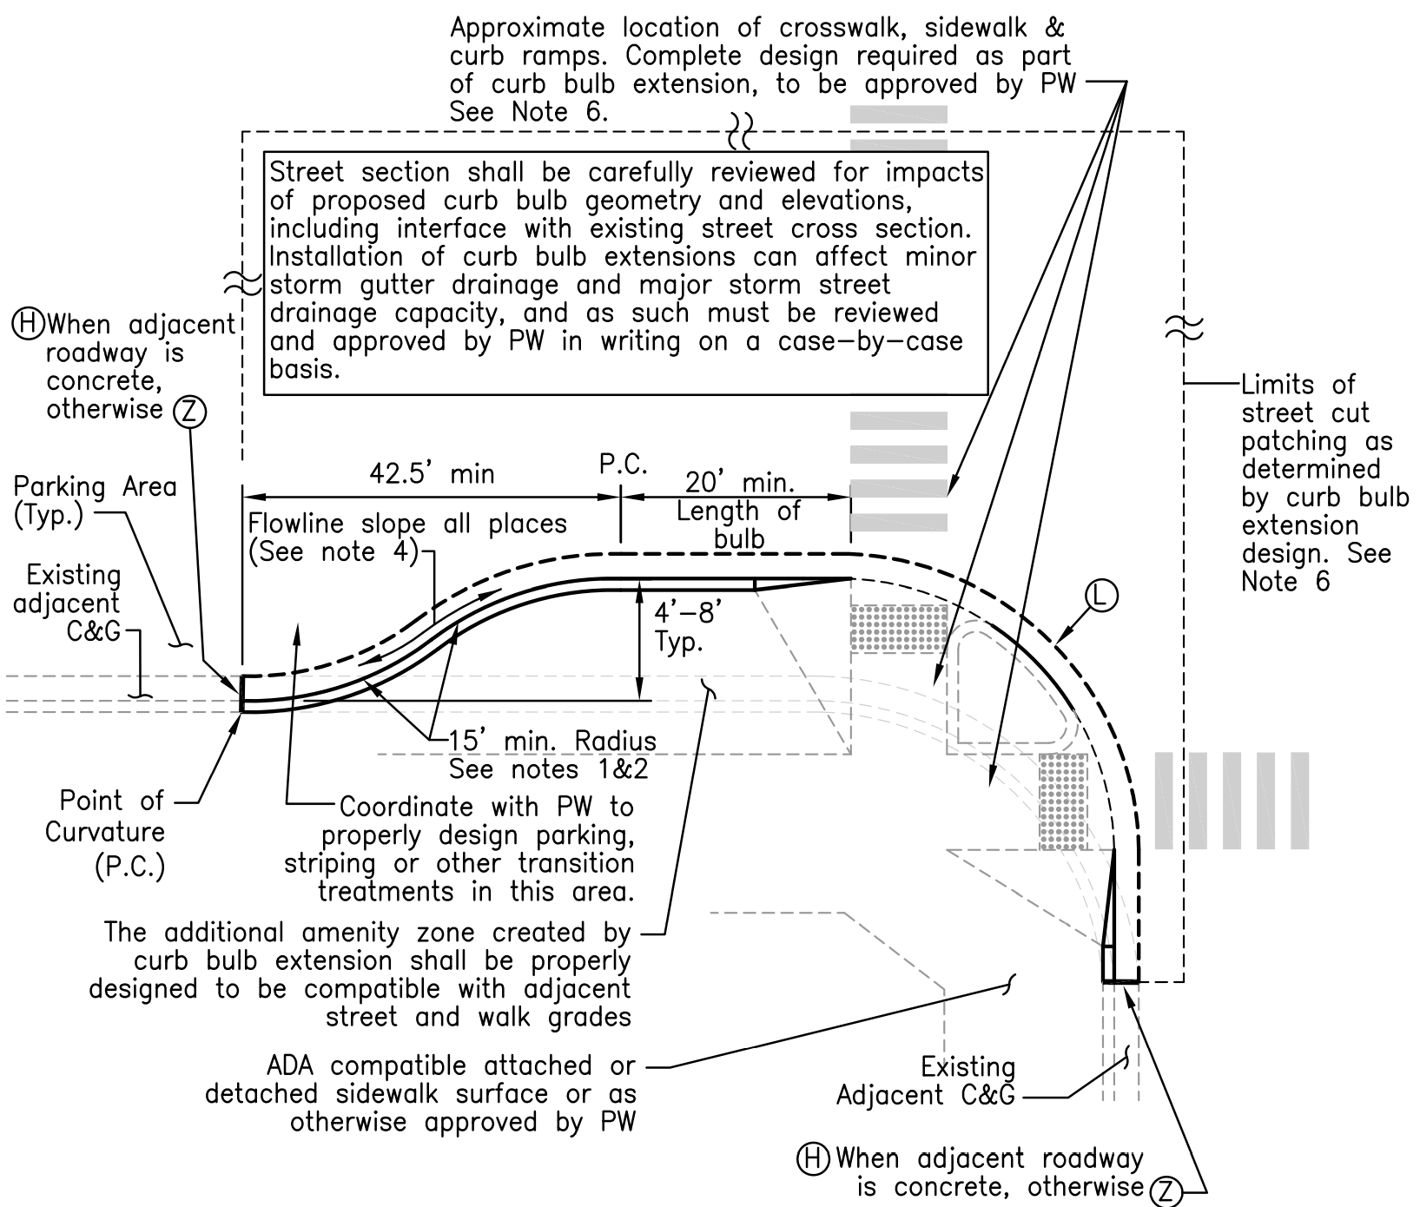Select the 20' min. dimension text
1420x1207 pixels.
point(740,483)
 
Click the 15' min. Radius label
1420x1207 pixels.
point(552,742)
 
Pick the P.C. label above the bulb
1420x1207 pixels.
point(624,465)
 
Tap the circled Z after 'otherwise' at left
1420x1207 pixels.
point(189,412)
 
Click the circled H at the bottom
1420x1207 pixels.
point(814,1159)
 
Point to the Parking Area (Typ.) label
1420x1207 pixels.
point(95,500)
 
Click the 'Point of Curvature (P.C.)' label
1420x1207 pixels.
point(105,833)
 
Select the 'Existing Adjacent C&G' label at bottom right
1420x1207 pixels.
point(926,1081)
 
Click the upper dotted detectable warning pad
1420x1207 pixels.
point(898,629)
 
